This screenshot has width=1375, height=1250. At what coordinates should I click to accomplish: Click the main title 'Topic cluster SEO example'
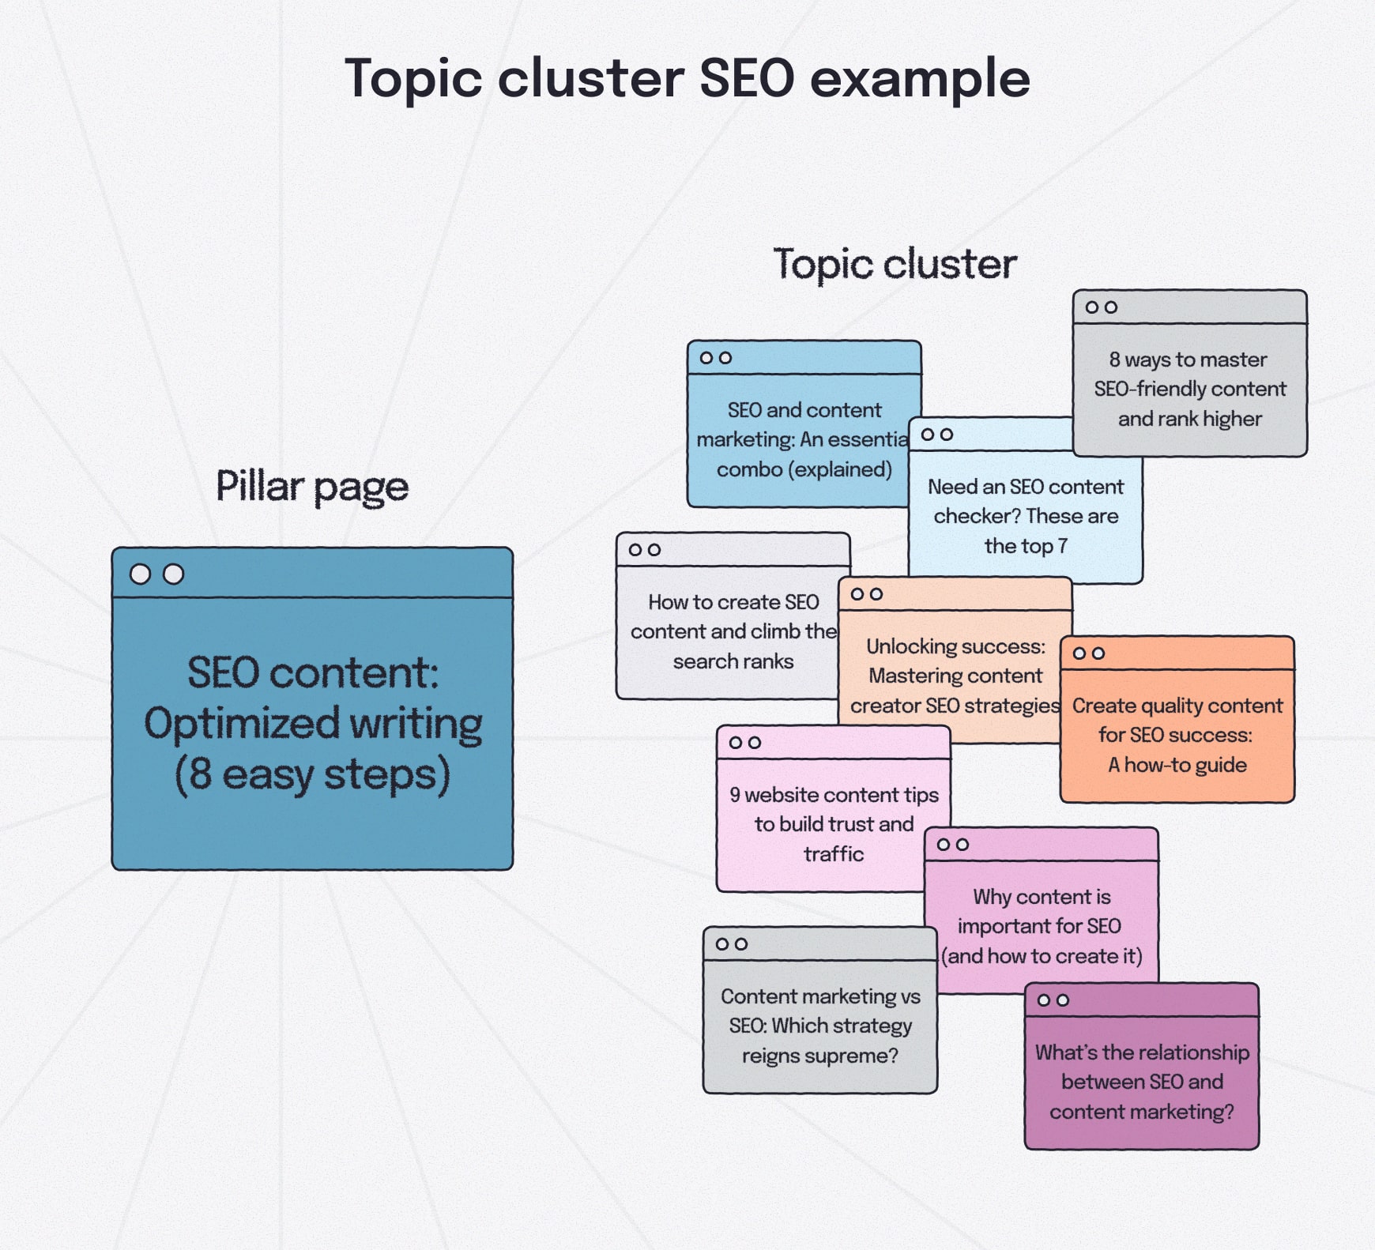[687, 78]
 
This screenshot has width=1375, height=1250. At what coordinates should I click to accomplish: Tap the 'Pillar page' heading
[312, 487]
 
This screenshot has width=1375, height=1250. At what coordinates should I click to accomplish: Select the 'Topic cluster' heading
[895, 264]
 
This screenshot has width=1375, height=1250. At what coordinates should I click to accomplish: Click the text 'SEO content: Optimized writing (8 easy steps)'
[313, 723]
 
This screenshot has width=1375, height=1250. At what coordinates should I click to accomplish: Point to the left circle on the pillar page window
[140, 574]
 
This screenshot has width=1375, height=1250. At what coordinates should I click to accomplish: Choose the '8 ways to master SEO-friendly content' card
[1189, 389]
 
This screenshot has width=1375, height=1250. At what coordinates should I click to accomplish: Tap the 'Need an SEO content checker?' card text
[1025, 516]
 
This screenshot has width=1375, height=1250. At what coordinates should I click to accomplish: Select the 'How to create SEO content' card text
[733, 631]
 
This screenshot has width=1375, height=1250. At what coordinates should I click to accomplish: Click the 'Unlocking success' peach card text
[955, 676]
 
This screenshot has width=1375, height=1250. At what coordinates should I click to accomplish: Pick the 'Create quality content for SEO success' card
[1177, 735]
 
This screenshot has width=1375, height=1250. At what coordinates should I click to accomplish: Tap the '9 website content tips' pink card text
[834, 824]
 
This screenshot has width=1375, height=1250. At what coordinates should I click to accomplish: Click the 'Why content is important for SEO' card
[1041, 926]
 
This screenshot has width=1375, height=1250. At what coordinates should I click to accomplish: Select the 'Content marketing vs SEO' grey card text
[820, 1026]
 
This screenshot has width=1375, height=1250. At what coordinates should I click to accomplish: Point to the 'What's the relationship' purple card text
[1142, 1082]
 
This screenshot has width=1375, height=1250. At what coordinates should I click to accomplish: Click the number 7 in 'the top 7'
[1063, 546]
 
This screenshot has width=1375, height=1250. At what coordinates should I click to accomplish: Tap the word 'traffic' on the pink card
[834, 854]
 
